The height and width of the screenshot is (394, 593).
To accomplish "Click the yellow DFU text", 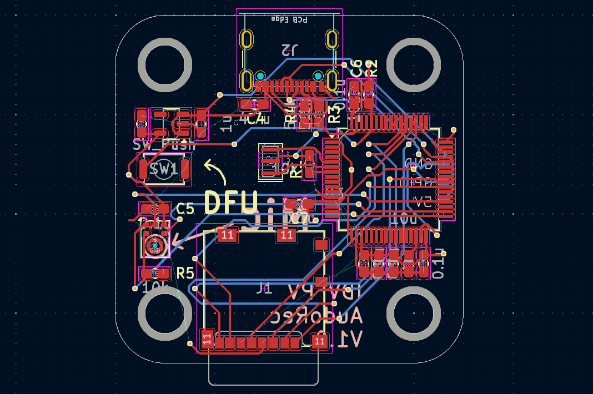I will [x=232, y=203].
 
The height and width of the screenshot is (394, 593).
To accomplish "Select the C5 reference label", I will [x=185, y=209].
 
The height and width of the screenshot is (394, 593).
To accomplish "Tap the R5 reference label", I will [x=185, y=273].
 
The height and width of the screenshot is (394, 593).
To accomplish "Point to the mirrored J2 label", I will [x=289, y=50].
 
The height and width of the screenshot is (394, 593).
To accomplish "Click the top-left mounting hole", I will [x=164, y=65].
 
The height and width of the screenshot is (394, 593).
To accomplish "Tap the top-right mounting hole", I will [x=413, y=65].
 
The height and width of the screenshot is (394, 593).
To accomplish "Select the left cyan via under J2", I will [x=260, y=75].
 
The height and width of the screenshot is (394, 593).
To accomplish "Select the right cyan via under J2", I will [x=318, y=75].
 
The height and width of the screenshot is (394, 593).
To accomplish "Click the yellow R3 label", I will [x=335, y=113].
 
